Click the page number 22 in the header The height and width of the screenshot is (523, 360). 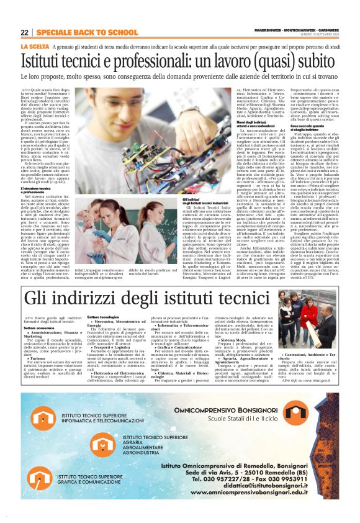[25, 32]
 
